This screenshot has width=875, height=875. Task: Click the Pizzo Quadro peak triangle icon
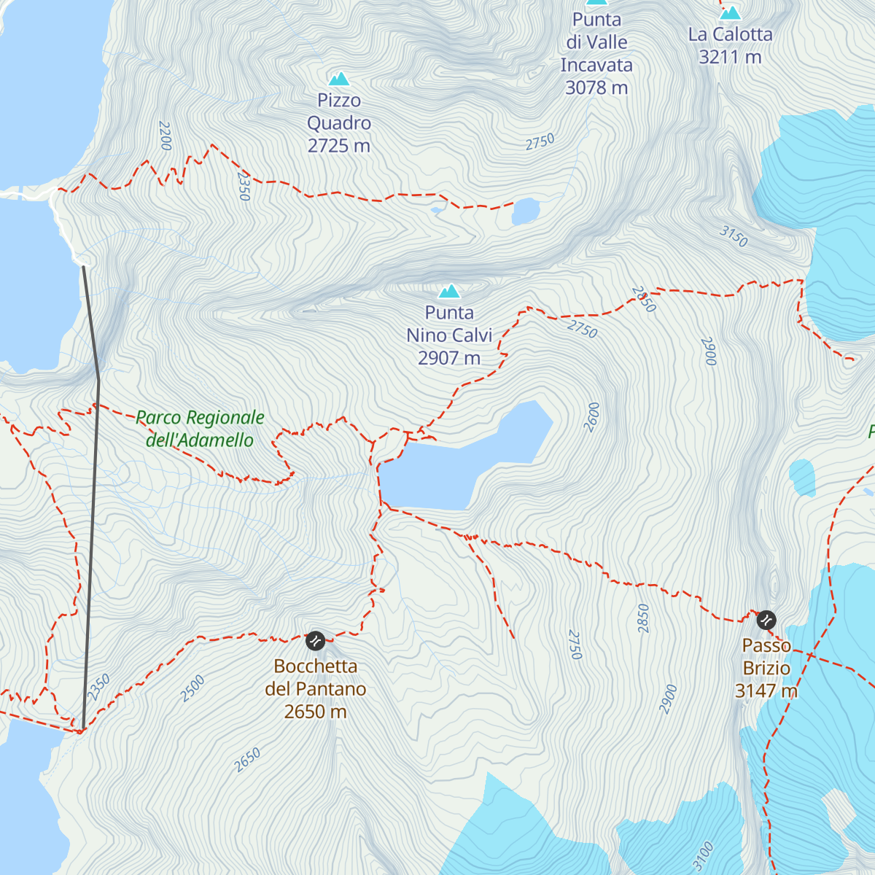338,79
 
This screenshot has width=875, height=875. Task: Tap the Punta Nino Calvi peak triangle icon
449,292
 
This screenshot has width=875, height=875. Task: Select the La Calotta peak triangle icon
730,13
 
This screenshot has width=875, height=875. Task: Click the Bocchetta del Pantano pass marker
315,641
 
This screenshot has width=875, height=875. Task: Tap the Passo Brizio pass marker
766,620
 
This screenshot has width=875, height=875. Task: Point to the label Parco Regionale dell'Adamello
200,429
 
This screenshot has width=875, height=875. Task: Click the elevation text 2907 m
449,358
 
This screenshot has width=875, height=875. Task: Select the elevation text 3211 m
730,57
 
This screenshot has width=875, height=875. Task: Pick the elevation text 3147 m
766,691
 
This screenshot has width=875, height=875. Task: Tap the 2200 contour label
165,136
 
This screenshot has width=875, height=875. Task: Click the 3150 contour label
734,236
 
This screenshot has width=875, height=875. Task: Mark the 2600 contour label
592,416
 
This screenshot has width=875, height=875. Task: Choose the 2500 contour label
193,688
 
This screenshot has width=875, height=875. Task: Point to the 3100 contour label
703,856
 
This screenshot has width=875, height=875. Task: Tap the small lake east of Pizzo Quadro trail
525,211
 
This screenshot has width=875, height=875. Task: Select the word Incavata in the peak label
596,65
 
